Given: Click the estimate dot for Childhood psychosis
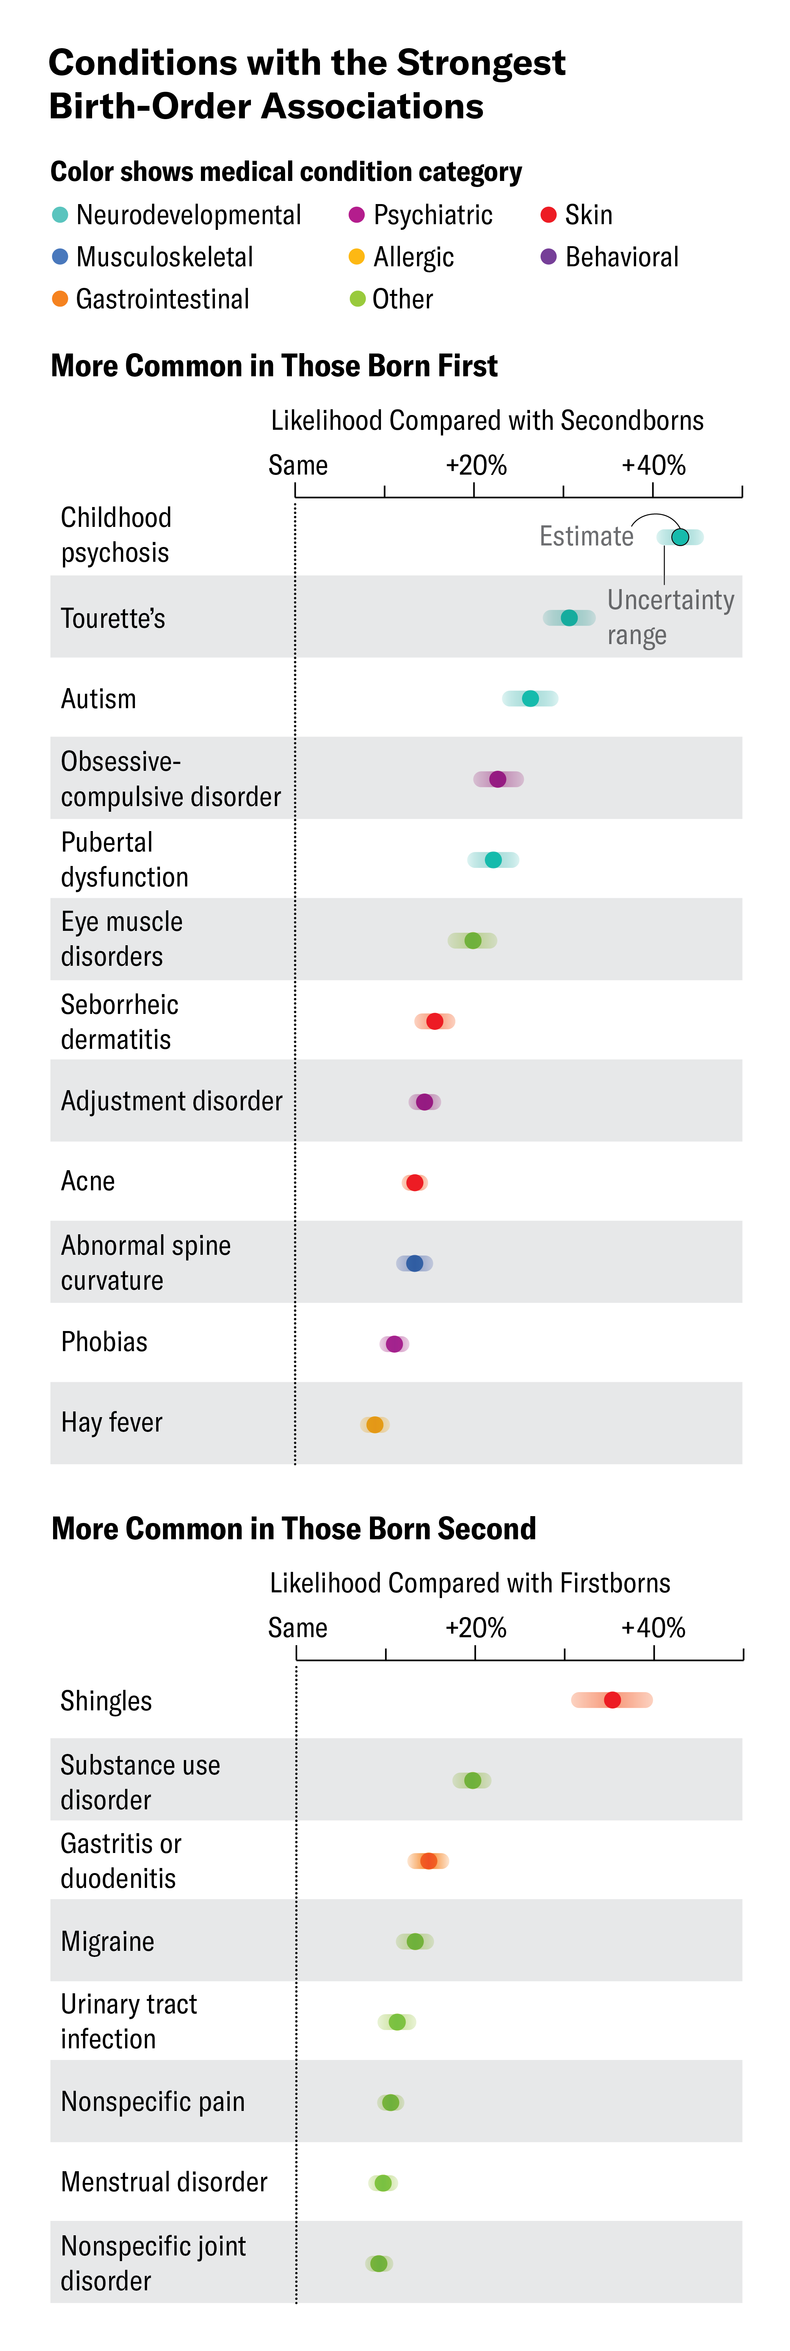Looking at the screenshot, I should tap(680, 537).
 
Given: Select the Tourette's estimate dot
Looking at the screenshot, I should tap(569, 618).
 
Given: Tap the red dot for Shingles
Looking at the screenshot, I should tap(612, 1699).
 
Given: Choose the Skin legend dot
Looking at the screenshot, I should tap(548, 214).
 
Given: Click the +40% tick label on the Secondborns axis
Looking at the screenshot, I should tap(653, 465).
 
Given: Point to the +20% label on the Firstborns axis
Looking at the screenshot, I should tap(475, 1627).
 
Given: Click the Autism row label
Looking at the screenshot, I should tap(99, 699).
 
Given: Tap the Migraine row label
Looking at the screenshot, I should tap(108, 1941).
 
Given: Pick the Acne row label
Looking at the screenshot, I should tap(88, 1181).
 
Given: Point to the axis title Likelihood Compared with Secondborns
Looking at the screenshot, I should tap(487, 421).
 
